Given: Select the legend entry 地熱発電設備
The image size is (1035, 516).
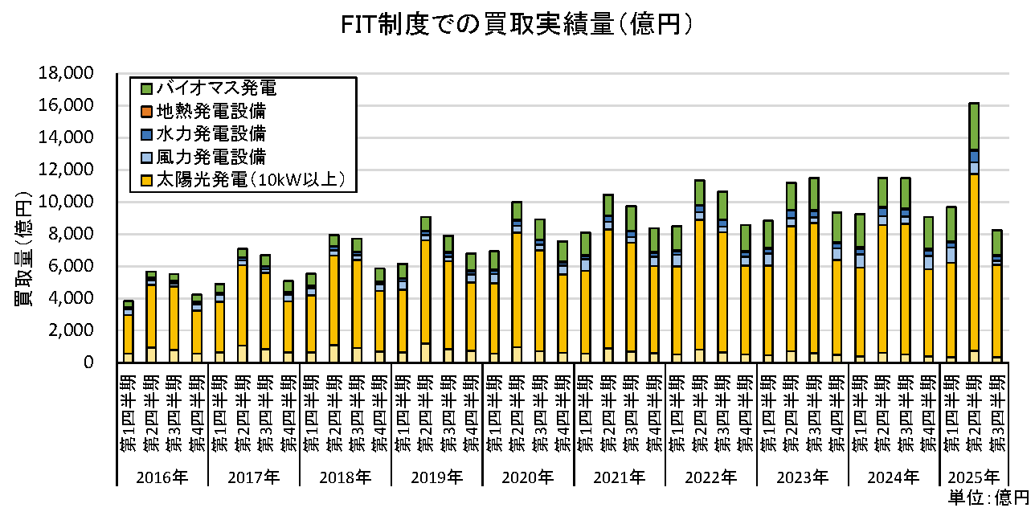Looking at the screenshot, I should pyautogui.click(x=211, y=110).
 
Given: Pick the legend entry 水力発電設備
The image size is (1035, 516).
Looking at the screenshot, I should pyautogui.click(x=211, y=133).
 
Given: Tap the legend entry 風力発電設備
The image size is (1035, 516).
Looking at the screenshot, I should pyautogui.click(x=211, y=156).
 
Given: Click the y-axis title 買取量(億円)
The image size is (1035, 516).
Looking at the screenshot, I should pyautogui.click(x=23, y=240).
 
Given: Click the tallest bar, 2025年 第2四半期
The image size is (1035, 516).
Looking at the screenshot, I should pyautogui.click(x=973, y=241).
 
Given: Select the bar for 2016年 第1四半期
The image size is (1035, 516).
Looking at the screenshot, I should pyautogui.click(x=128, y=334).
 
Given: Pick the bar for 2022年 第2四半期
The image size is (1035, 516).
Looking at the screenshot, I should pyautogui.click(x=699, y=273).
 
